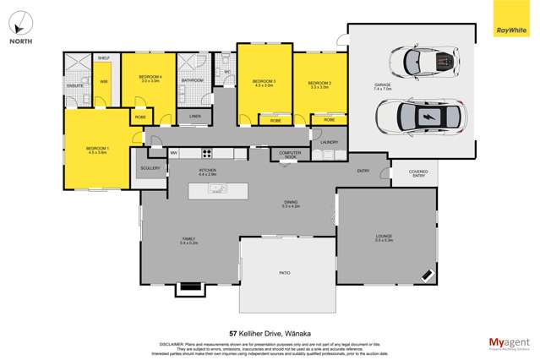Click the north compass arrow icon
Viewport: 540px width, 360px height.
[x=23, y=22]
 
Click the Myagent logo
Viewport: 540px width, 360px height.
[x=510, y=342]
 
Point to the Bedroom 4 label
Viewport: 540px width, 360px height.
[x=150, y=79]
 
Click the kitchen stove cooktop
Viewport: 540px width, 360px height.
[x=205, y=153]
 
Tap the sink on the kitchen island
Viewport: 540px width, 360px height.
[x=216, y=189]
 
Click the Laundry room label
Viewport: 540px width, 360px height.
[x=330, y=142]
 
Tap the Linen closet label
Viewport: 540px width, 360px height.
[x=195, y=115]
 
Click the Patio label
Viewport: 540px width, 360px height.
[x=285, y=273]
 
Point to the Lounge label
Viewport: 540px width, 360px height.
[x=385, y=236]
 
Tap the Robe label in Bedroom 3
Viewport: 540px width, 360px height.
[x=275, y=121]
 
